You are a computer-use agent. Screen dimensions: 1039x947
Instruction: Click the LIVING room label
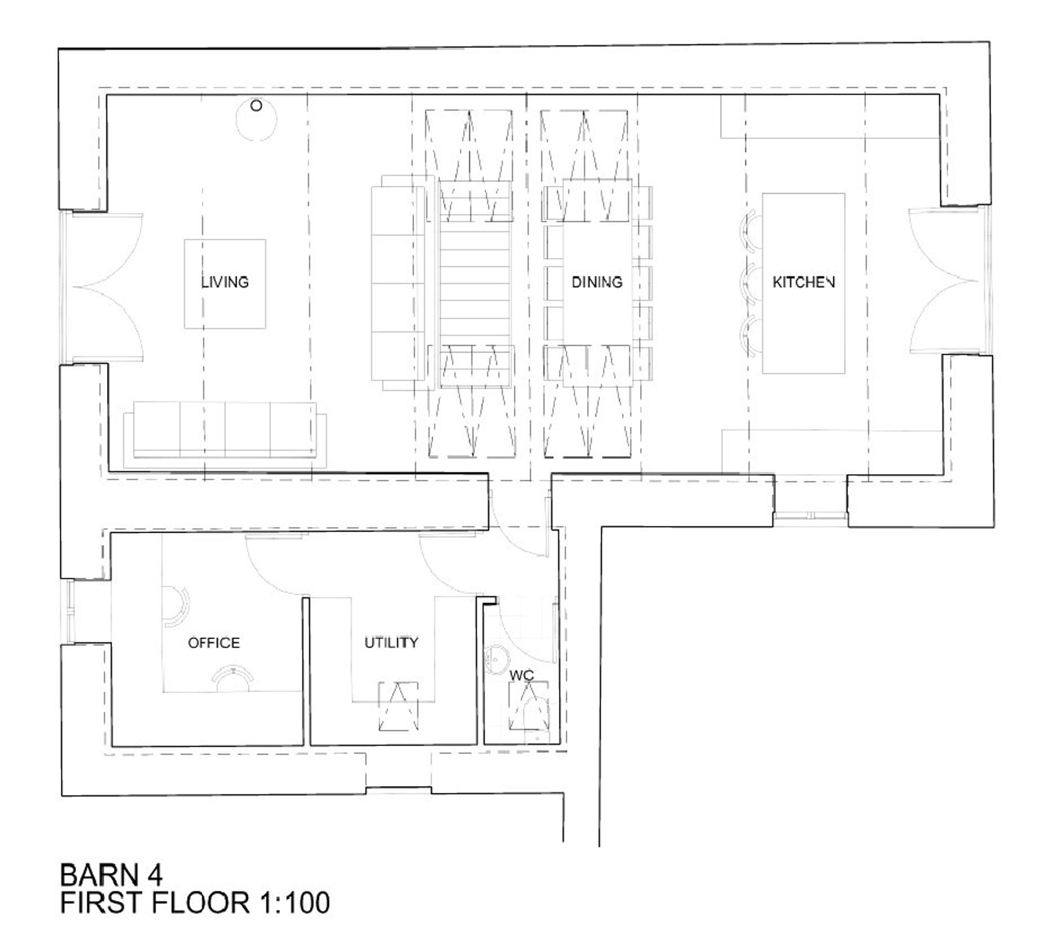(x=225, y=282)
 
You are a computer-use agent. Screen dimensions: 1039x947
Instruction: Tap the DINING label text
(x=597, y=282)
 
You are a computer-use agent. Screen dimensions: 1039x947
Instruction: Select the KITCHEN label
(x=804, y=282)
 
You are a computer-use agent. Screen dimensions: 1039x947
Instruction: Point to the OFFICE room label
(x=214, y=643)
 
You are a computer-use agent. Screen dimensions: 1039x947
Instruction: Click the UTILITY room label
(x=391, y=643)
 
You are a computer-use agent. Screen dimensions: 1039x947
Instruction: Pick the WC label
(x=522, y=675)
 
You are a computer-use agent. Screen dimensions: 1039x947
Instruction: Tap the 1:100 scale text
(x=294, y=902)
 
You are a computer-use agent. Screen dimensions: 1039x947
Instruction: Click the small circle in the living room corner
(x=256, y=106)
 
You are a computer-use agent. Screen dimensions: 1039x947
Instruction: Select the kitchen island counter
(x=804, y=283)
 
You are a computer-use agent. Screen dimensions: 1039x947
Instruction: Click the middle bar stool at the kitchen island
(x=751, y=283)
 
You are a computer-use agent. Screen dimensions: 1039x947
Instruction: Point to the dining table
(x=597, y=283)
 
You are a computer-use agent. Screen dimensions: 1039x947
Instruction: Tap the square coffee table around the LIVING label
(x=225, y=284)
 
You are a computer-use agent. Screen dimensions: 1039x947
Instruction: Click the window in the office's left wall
(x=71, y=611)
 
